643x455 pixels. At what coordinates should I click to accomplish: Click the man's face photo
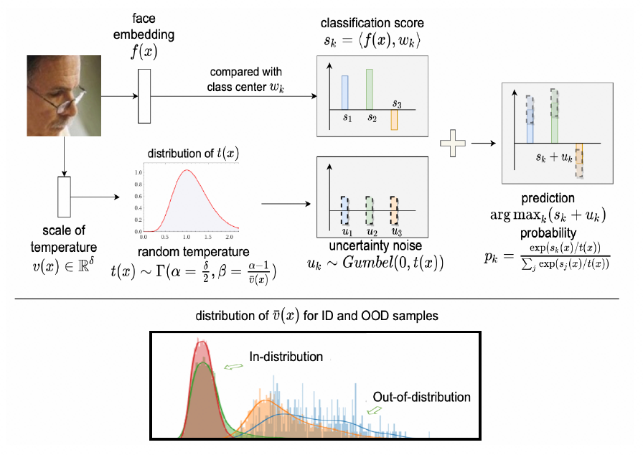click(x=62, y=95)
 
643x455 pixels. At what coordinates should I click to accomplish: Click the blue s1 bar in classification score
click(x=344, y=92)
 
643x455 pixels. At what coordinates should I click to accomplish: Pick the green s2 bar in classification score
click(x=370, y=89)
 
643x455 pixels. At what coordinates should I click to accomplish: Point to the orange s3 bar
click(x=394, y=120)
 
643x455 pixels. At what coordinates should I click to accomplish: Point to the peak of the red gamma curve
click(x=187, y=171)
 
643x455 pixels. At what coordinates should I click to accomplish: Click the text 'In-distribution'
click(x=286, y=357)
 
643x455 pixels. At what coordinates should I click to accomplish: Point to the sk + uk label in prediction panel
click(x=555, y=155)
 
